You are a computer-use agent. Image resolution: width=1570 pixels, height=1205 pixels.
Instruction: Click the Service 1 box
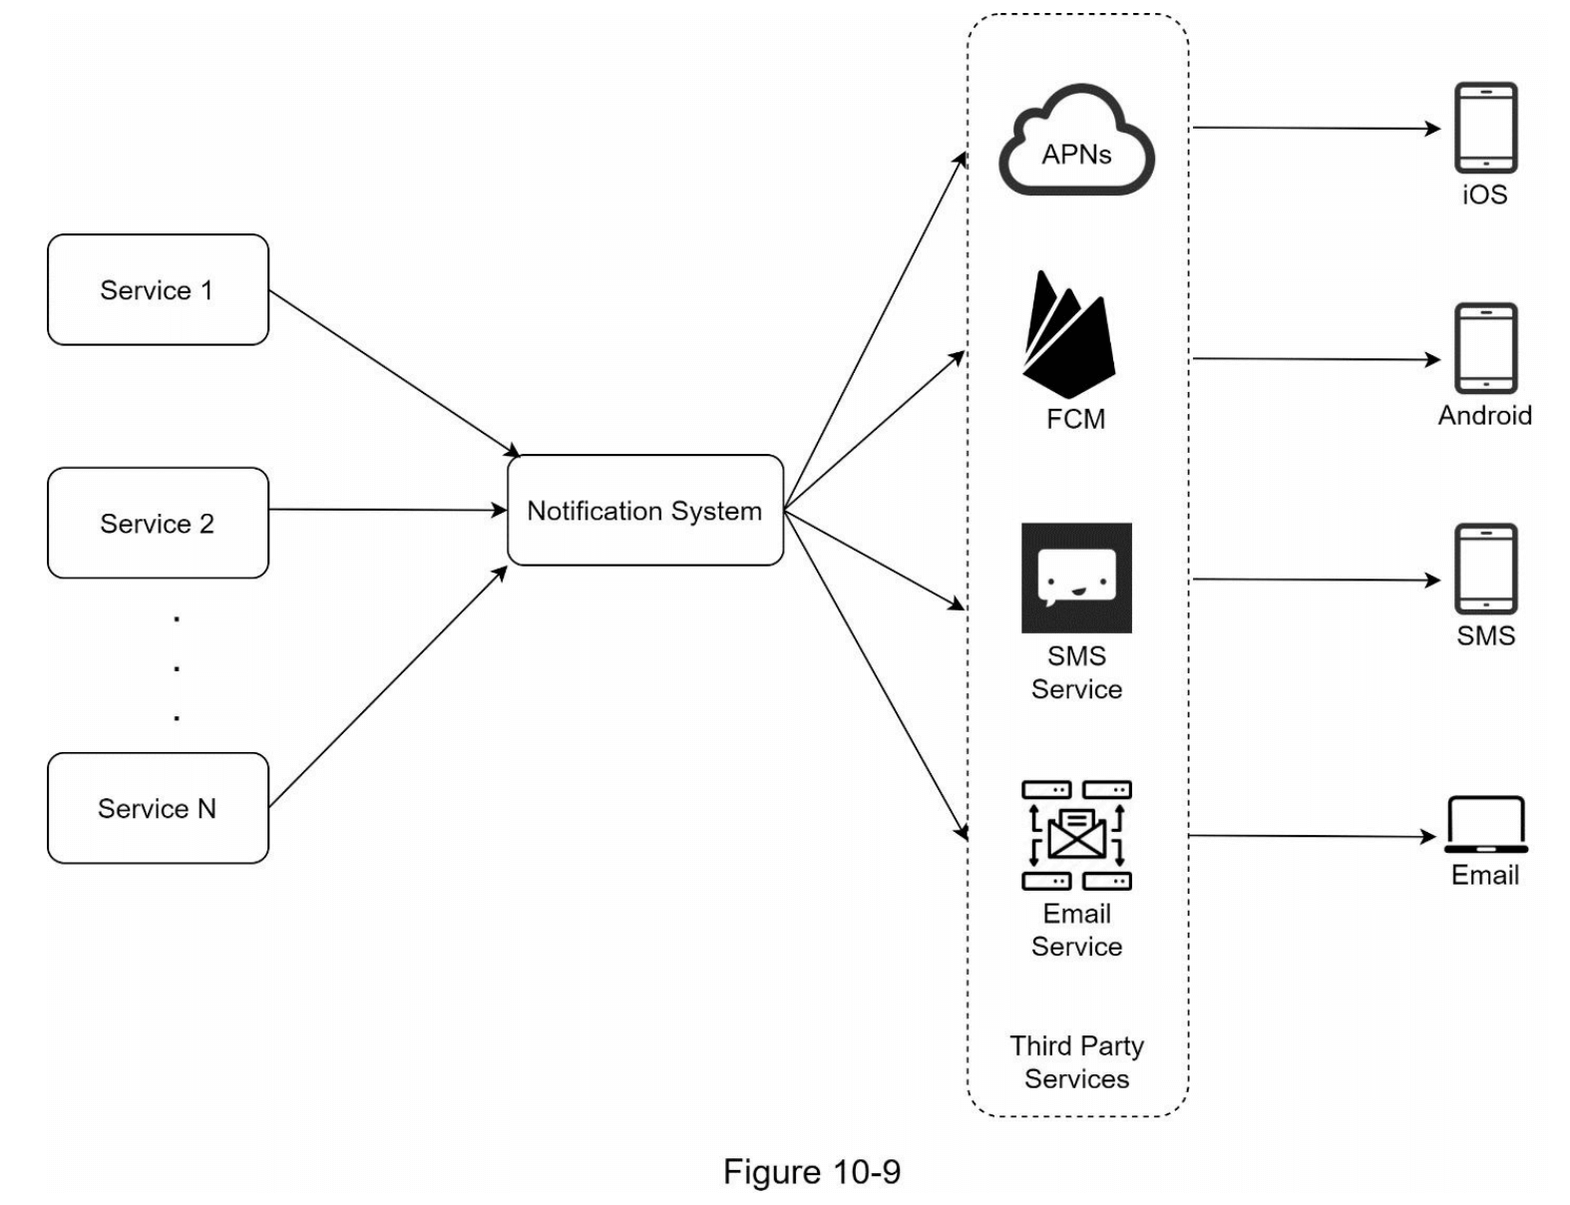pyautogui.click(x=158, y=290)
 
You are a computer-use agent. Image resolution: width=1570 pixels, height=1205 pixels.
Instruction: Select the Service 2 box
pyautogui.click(x=158, y=523)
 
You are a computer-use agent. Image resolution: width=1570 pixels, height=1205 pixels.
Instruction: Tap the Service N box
pyautogui.click(x=158, y=808)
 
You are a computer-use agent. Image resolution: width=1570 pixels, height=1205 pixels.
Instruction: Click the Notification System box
pyautogui.click(x=645, y=511)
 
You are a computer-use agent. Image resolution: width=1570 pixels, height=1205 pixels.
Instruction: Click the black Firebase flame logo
pyautogui.click(x=1067, y=335)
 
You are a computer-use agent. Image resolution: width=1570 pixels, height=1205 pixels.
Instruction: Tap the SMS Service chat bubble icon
pyautogui.click(x=1076, y=578)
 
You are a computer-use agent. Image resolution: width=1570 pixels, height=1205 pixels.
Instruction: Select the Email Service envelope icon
pyautogui.click(x=1076, y=835)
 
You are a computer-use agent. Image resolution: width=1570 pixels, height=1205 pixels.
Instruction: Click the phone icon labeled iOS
pyautogui.click(x=1485, y=128)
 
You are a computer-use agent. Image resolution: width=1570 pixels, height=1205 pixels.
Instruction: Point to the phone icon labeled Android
pyautogui.click(x=1485, y=348)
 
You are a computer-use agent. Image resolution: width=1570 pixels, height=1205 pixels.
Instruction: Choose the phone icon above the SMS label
pyautogui.click(x=1485, y=569)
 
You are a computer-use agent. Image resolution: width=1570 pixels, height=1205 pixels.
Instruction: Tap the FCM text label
pyautogui.click(x=1075, y=419)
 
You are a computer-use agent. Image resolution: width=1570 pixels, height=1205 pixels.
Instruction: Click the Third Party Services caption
pyautogui.click(x=1076, y=1062)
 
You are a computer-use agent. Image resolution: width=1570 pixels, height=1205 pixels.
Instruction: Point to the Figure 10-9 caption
pyautogui.click(x=811, y=1171)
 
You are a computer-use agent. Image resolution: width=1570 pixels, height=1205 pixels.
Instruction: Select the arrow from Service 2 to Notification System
pyautogui.click(x=388, y=511)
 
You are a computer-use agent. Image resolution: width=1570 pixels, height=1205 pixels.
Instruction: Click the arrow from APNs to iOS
pyautogui.click(x=1317, y=128)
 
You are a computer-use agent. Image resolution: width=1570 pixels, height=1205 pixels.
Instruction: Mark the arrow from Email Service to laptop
pyautogui.click(x=1313, y=836)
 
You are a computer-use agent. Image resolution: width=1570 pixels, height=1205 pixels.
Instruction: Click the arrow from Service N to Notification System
pyautogui.click(x=388, y=687)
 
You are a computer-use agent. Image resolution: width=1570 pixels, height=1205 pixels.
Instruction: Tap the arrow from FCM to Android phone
pyautogui.click(x=1317, y=359)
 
